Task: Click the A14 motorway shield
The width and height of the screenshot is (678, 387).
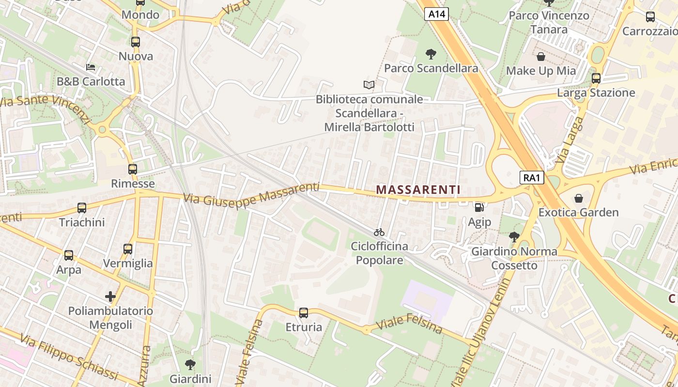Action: click(437, 15)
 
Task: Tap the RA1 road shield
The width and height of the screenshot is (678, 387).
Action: click(532, 178)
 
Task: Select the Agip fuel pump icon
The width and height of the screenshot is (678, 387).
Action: click(479, 208)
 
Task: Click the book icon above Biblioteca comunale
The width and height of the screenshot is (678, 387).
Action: click(369, 85)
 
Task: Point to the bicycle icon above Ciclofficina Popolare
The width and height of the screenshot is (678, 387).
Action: click(379, 232)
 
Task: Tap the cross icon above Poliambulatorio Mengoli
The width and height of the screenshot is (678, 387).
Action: click(110, 296)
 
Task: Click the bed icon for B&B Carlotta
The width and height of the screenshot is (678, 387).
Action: click(91, 67)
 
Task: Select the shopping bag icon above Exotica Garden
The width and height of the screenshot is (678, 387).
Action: click(578, 198)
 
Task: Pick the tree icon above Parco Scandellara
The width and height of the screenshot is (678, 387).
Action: click(431, 54)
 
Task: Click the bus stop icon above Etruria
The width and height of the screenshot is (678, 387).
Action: click(304, 313)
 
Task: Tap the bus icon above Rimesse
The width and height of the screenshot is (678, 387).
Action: click(133, 169)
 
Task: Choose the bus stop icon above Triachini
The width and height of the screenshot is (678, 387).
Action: click(82, 208)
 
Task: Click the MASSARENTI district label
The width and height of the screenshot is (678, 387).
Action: click(418, 190)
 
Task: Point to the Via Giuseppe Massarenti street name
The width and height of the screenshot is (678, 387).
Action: click(251, 193)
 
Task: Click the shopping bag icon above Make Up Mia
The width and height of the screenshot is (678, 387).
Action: click(541, 57)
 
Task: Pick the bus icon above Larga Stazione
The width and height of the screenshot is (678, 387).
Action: click(596, 78)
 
